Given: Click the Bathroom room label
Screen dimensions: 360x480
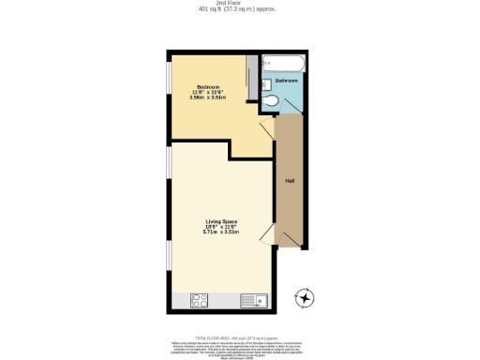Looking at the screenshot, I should pyautogui.click(x=287, y=82).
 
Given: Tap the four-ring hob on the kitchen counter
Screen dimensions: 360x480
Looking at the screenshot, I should pyautogui.click(x=200, y=301).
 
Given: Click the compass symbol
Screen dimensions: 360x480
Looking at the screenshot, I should pyautogui.click(x=304, y=299).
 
